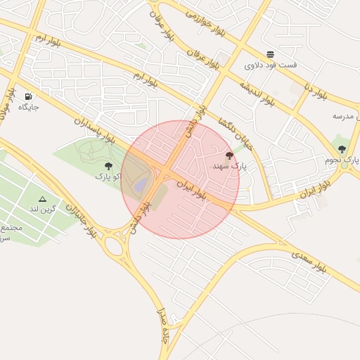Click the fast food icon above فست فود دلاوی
(271, 54)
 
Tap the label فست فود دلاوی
(271, 65)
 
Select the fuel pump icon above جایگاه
(28, 96)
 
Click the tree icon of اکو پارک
(108, 165)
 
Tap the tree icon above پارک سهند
(229, 155)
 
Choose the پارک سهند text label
(230, 167)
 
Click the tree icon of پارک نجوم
(342, 149)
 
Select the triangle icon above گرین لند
(42, 199)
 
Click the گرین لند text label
(42, 210)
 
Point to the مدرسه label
(347, 115)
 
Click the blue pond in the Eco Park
(141, 185)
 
